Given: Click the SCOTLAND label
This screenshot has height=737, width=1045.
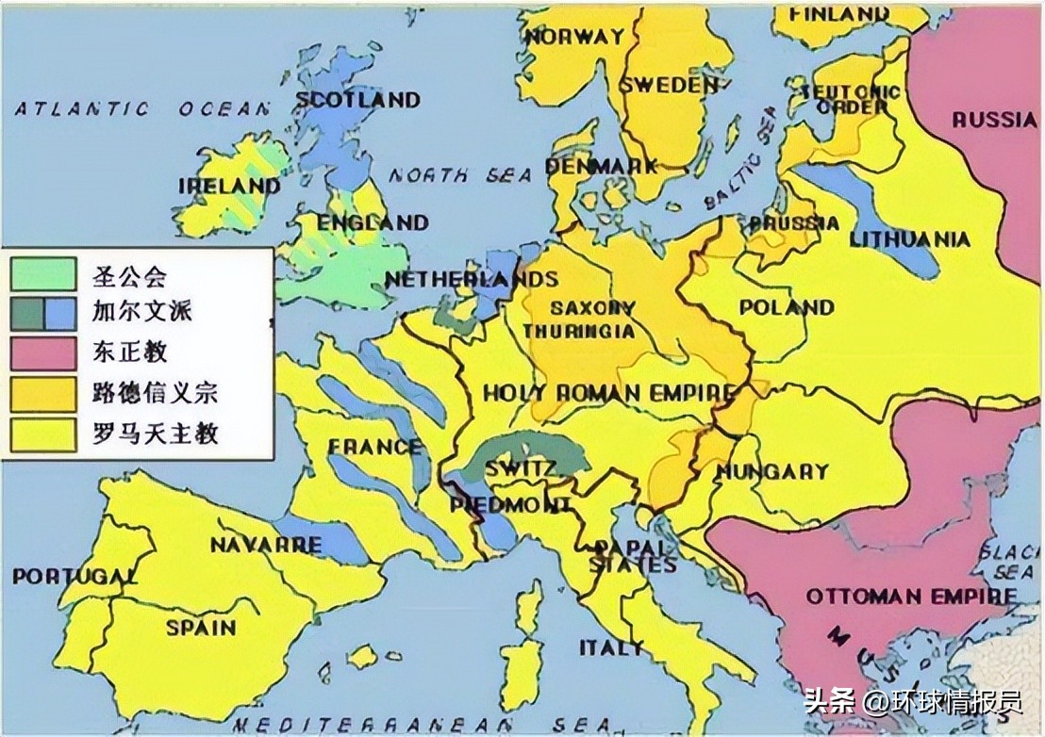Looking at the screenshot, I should point(357,99).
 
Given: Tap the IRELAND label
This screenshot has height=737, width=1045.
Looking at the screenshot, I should point(229,186).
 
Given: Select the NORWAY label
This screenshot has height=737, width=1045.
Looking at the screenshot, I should point(575,37).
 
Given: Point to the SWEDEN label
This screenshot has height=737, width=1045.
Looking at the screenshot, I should point(669,85).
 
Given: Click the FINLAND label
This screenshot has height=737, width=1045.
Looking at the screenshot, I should point(833,14).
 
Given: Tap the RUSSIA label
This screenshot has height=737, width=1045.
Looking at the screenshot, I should point(993,119).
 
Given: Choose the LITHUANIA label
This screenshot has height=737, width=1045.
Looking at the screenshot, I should point(909,239).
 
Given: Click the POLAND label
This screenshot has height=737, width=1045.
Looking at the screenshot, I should point(787,307).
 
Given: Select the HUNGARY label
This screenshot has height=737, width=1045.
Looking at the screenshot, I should point(771,470).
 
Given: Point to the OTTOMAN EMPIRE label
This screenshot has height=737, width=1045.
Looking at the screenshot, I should point(911,597).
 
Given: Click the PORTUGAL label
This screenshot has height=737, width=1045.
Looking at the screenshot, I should point(75,575).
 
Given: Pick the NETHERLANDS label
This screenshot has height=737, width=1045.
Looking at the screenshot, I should point(471,279).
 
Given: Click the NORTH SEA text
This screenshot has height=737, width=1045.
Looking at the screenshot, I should point(460,175).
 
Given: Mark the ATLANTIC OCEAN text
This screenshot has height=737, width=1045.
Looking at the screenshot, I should point(141,109).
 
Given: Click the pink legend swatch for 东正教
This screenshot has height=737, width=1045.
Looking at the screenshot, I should point(43,353).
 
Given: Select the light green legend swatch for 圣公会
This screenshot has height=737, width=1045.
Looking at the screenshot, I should point(43,275).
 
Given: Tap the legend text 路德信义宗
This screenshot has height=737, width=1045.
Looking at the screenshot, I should point(156,392).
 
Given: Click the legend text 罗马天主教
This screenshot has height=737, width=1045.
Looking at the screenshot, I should point(156,433).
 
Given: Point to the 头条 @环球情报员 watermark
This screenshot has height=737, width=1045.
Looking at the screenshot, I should point(911,702).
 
